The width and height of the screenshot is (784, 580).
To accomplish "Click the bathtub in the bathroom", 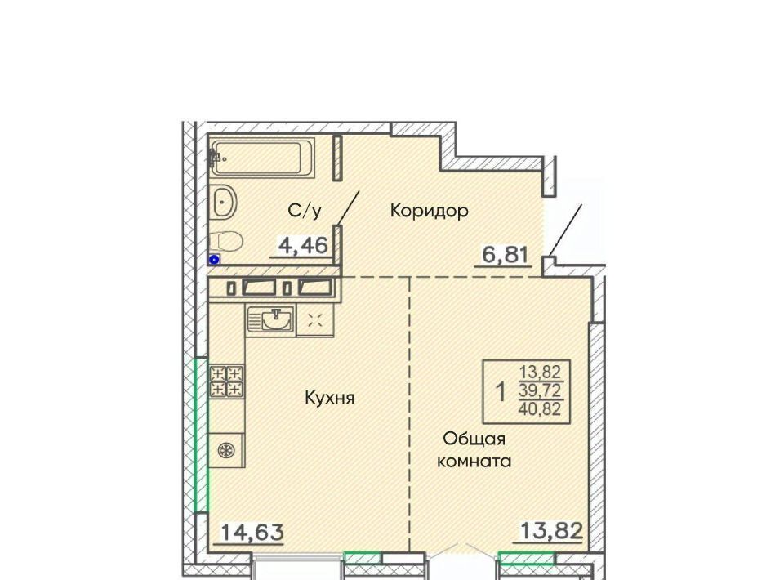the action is pos(262,157).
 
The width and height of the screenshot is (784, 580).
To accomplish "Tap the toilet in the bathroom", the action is pos(225,241).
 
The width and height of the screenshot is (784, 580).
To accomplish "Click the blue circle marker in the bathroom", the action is pos(215,260).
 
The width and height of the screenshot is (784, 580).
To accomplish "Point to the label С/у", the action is pos(305,211).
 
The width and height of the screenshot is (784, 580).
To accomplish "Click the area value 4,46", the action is pos(304,246).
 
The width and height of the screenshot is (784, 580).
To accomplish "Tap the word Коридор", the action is pos(429,211).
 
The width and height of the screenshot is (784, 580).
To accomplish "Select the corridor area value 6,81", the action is pos(505,255).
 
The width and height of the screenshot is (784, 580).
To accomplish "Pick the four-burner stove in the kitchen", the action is pos(227,381).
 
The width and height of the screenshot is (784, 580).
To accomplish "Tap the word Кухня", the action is pos(329,398).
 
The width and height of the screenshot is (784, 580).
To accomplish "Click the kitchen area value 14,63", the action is pos(252,532).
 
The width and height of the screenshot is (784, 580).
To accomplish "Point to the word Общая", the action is pos(474,439).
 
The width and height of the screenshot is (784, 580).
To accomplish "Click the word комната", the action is pos(474,461).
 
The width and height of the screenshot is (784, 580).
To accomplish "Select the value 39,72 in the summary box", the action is pos(540,390).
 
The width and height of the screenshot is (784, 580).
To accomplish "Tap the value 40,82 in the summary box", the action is pos(540,409).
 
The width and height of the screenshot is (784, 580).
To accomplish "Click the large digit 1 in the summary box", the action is pos(501,392).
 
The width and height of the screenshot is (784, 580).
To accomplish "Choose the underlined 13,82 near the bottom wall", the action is pos(551,530).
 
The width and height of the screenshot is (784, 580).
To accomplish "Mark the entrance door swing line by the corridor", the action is pos(565,230).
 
